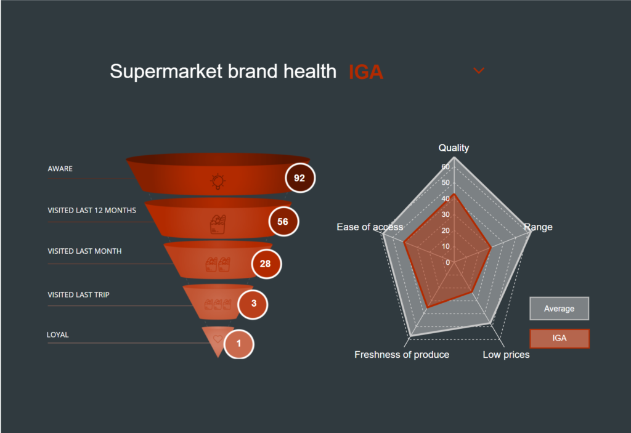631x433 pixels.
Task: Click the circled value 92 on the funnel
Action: [300, 178]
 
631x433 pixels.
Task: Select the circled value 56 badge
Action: [283, 221]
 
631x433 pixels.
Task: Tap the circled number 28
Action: [266, 264]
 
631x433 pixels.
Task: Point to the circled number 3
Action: [253, 304]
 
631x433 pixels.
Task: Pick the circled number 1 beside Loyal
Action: [238, 344]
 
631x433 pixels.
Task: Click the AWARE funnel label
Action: [60, 169]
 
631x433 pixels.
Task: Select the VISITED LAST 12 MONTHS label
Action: [92, 211]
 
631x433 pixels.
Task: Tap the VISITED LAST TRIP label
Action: [78, 294]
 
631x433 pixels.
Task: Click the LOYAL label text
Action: [57, 335]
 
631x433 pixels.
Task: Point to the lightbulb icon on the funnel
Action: [218, 181]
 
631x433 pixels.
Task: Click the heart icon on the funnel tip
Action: [218, 339]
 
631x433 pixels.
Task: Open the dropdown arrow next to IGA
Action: [478, 71]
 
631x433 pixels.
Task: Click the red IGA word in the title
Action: [366, 72]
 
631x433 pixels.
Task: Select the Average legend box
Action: [559, 309]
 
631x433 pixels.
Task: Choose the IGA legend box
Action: [560, 338]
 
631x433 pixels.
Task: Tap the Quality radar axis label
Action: [454, 148]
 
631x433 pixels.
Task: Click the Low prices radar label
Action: [507, 355]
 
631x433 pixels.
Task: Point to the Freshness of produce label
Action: [402, 355]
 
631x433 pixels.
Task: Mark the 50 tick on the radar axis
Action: [446, 183]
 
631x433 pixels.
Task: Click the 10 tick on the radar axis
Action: [446, 246]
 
